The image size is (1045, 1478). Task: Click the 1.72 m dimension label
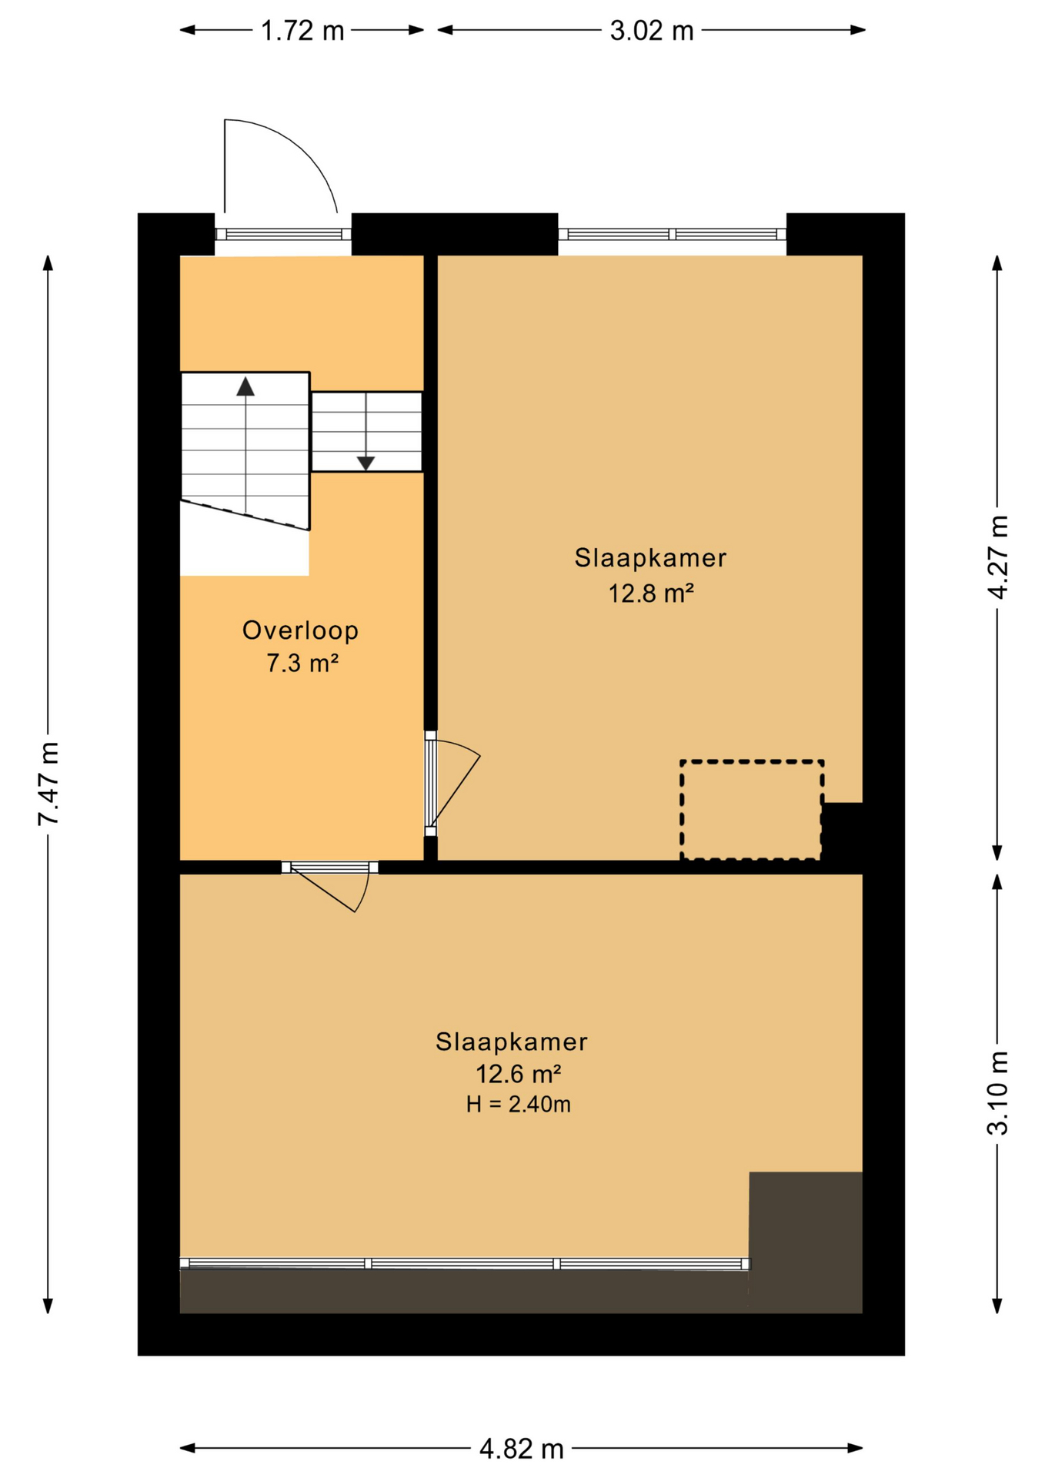point(302,31)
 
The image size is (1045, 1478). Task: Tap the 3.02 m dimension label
point(651,31)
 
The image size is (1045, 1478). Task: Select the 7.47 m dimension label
point(48,783)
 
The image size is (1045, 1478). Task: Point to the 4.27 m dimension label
point(997,557)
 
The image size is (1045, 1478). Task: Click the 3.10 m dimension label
point(997,1092)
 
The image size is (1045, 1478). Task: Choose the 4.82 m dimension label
point(521,1450)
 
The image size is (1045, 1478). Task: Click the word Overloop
point(300,630)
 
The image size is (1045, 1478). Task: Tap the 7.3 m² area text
point(302,663)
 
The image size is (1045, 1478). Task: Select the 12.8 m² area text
point(651,594)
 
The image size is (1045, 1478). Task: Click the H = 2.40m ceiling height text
point(518,1105)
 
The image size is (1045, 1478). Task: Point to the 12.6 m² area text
point(517,1073)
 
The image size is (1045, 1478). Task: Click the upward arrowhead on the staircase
point(245,386)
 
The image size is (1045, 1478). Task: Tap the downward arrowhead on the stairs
point(366,463)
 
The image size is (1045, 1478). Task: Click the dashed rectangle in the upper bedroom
point(751,810)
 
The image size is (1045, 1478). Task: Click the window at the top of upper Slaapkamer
point(671,234)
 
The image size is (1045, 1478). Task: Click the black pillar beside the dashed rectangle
point(842,831)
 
